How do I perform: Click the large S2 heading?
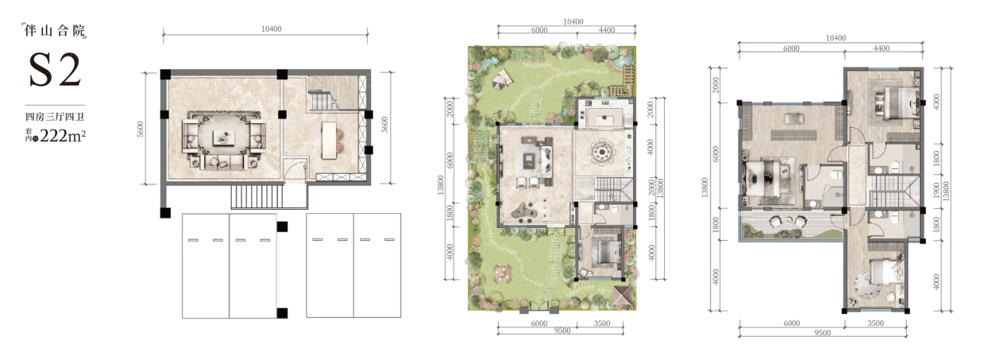[x=55, y=70]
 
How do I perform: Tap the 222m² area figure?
[x=62, y=136]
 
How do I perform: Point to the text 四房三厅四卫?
[x=55, y=117]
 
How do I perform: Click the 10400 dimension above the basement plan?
[x=271, y=29]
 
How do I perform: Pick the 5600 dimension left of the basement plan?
[x=140, y=128]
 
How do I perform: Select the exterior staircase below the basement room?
[x=257, y=196]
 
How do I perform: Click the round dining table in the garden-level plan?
[x=601, y=153]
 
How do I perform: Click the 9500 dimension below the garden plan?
[x=562, y=331]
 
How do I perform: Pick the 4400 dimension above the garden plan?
[x=607, y=30]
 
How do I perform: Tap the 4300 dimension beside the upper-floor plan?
[x=937, y=102]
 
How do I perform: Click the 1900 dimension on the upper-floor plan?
[x=937, y=191]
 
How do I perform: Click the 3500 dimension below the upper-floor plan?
[x=876, y=323]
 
